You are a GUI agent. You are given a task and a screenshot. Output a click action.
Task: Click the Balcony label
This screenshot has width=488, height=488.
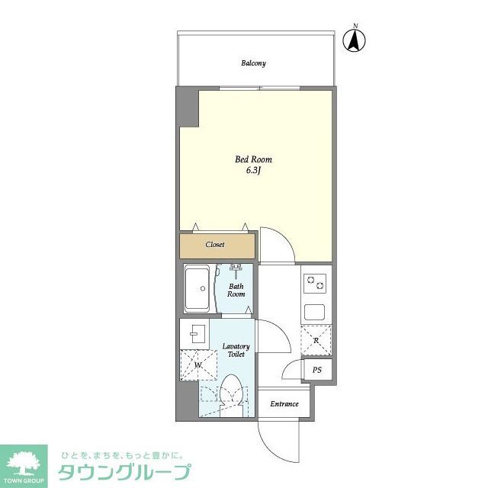point(253,63)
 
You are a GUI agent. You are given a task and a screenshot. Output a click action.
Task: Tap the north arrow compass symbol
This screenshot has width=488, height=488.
point(355,40)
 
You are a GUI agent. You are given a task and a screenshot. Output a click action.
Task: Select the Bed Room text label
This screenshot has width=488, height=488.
point(253,159)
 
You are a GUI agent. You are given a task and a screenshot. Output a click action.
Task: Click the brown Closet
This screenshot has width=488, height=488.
point(217,246)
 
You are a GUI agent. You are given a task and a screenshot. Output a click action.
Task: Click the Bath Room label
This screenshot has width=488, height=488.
point(236,291)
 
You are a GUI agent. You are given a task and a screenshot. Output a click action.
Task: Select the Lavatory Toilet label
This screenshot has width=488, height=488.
point(236,351)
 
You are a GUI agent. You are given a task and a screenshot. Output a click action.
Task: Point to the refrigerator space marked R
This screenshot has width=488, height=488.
point(316,340)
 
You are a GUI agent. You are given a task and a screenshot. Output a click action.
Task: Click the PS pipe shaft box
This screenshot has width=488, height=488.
point(317,370)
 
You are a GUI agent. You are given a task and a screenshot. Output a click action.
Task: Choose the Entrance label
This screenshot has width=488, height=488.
point(284,404)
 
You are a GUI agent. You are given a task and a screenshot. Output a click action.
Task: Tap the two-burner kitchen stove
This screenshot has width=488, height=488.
point(315,284)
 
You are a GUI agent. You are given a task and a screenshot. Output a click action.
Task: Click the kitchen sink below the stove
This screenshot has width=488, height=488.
point(315,311)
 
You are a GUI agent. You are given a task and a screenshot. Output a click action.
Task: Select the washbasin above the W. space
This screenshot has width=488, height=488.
point(195,332)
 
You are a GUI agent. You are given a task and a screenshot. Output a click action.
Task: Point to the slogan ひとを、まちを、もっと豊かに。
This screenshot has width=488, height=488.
point(123,452)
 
